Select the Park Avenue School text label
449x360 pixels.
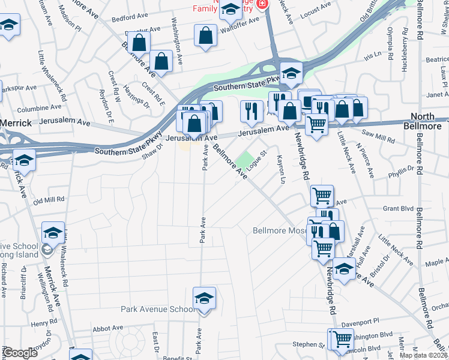[157, 310]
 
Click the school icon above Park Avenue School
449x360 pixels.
[204, 298]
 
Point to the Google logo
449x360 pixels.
[19, 353]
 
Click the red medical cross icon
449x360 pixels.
[261, 4]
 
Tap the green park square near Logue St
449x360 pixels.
[244, 160]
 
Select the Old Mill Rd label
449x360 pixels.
[49, 200]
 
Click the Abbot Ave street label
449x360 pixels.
[108, 329]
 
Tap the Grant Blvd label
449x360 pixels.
[399, 209]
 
